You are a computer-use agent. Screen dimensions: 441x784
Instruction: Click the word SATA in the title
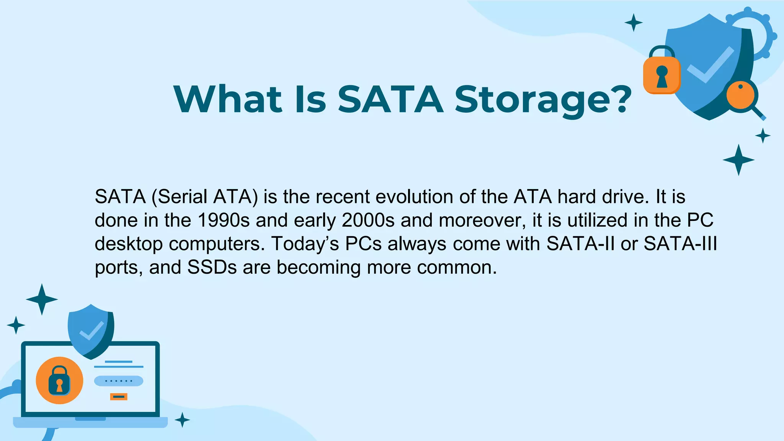[390, 99]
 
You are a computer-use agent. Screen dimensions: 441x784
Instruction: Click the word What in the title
[228, 99]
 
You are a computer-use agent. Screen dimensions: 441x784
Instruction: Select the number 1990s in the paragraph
[224, 220]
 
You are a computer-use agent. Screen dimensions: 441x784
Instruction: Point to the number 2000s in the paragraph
[368, 220]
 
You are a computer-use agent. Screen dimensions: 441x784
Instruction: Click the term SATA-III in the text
[680, 243]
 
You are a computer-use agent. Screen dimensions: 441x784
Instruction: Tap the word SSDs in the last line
[212, 267]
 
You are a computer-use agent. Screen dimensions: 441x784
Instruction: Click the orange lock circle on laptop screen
[59, 380]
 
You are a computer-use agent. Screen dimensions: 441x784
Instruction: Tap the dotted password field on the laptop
[119, 381]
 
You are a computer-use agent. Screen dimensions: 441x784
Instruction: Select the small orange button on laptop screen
[119, 397]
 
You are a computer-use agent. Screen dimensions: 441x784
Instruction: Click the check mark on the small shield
[91, 331]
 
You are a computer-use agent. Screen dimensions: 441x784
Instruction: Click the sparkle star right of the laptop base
[182, 420]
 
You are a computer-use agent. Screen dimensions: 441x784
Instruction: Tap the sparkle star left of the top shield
[633, 23]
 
